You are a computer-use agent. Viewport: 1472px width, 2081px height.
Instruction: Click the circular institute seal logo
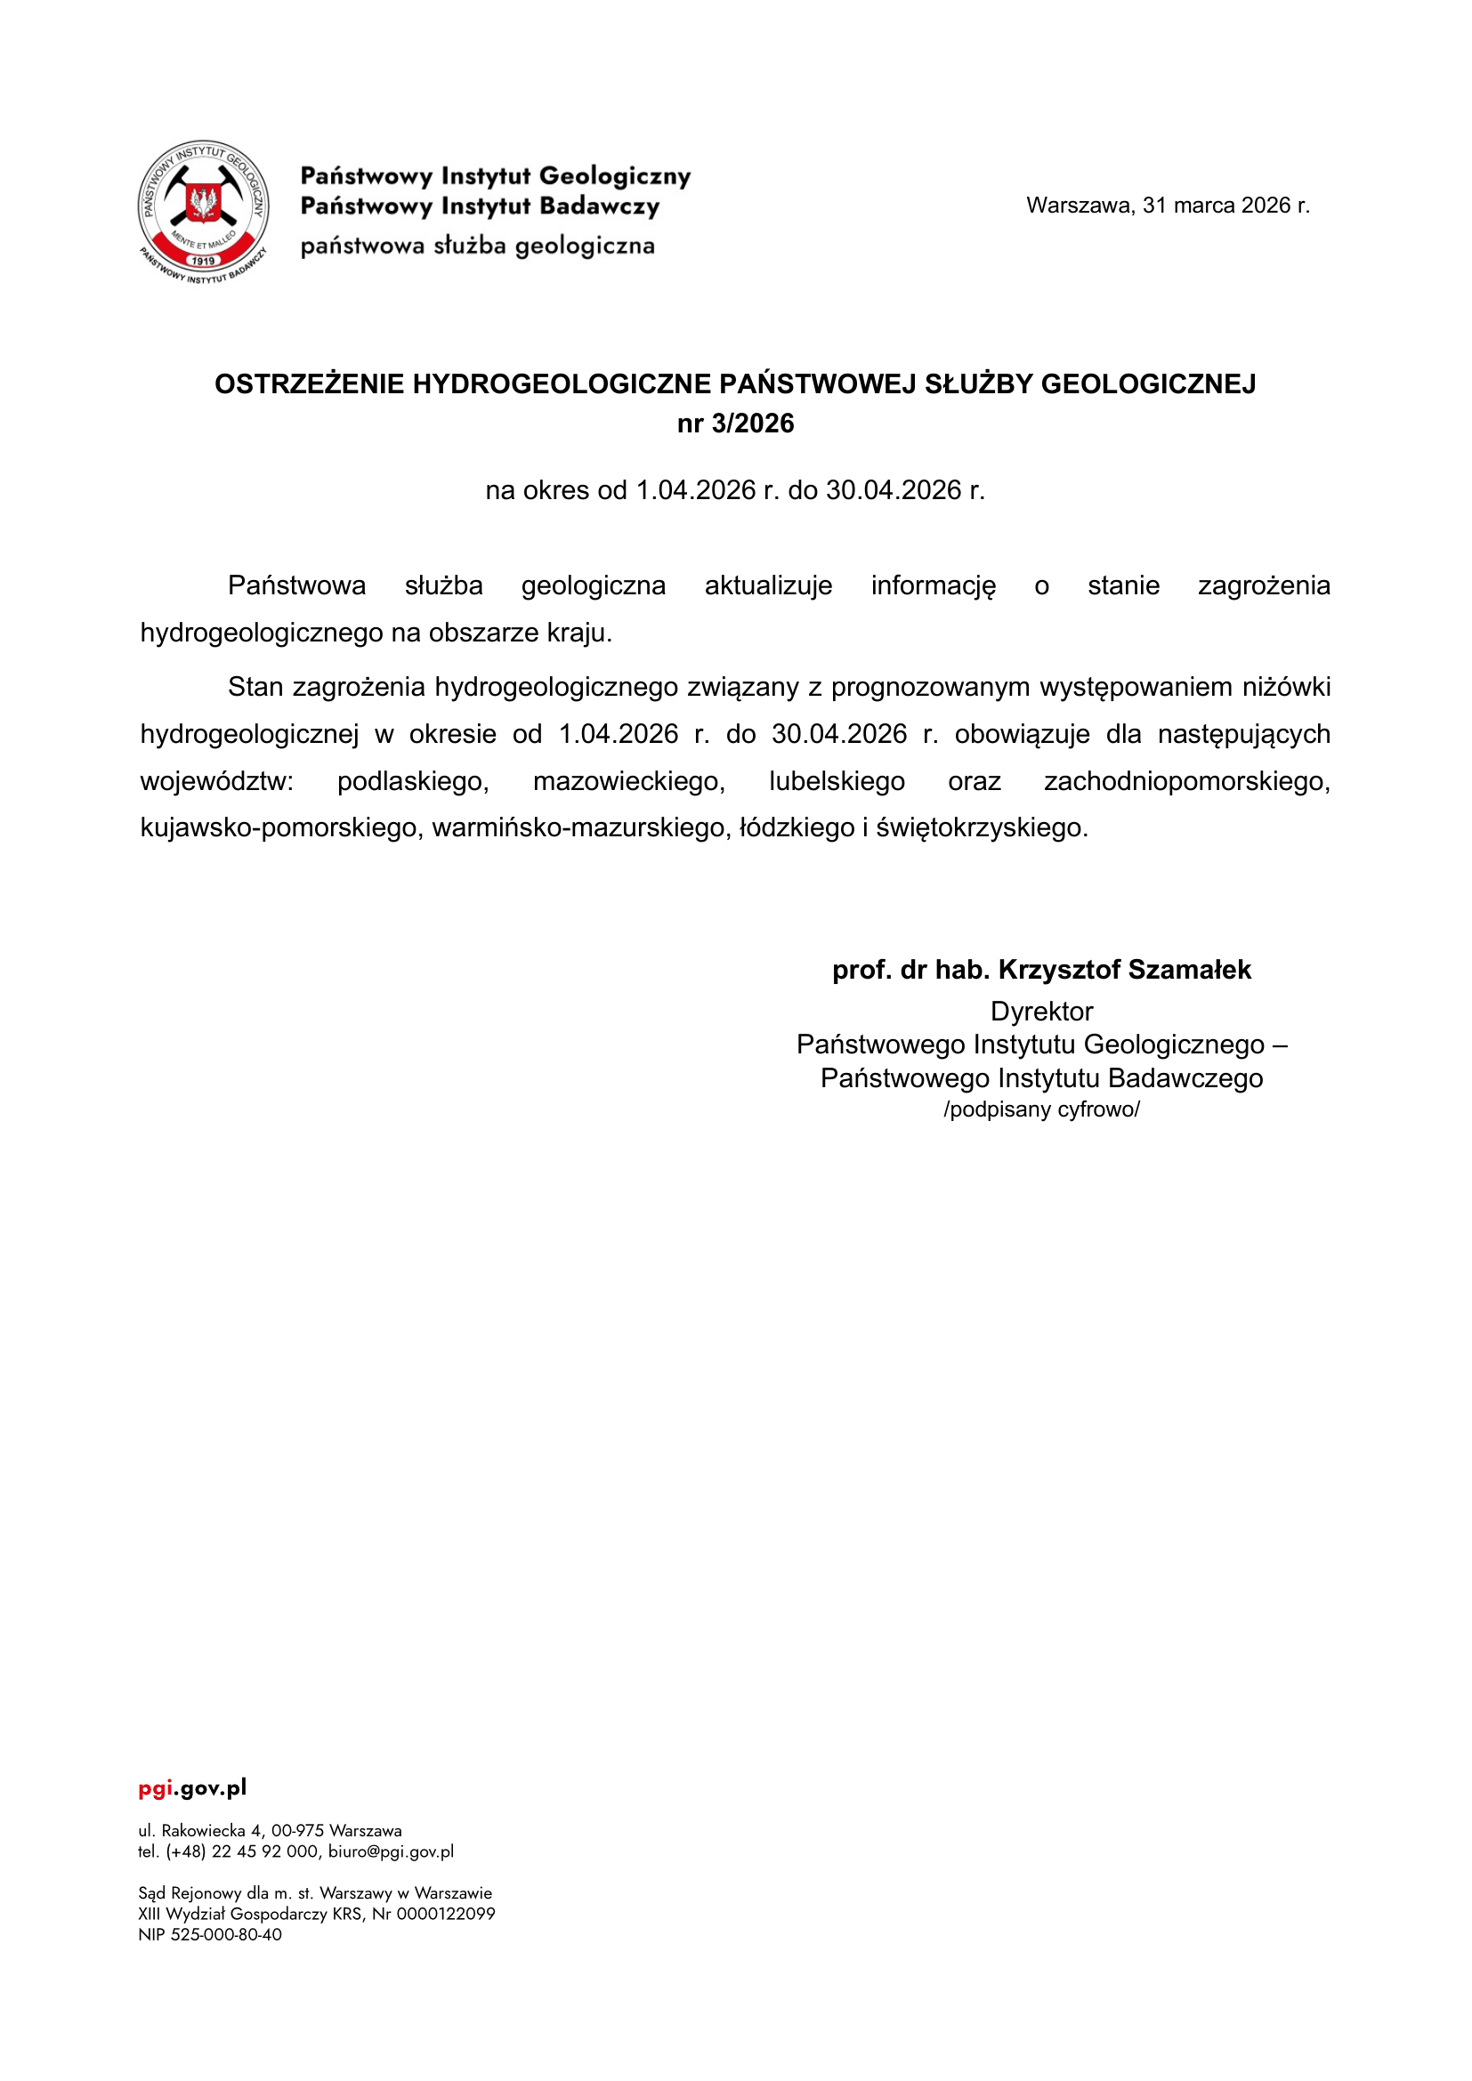pos(203,211)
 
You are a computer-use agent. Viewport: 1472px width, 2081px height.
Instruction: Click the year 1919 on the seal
pos(203,261)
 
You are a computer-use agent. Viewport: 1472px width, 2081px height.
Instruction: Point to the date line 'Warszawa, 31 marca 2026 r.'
pos(1168,206)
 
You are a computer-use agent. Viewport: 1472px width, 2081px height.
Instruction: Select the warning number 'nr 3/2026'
pos(735,424)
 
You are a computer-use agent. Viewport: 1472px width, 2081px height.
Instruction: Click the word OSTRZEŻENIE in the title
pos(309,384)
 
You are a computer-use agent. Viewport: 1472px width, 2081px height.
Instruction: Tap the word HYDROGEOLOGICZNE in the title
pos(562,384)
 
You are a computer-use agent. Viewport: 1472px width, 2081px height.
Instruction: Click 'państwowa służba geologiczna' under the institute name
pos(478,246)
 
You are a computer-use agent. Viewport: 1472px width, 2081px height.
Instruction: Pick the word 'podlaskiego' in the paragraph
pos(413,781)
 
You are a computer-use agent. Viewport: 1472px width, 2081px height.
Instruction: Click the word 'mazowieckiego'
pos(629,781)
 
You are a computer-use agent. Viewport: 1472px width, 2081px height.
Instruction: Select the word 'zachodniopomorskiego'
pos(1186,781)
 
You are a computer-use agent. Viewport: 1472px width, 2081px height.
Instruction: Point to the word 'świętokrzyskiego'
pos(982,827)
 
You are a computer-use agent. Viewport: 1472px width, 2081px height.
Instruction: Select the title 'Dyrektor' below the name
pos(1041,1012)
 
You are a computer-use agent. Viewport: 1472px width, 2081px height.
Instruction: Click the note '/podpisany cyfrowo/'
pos(1041,1110)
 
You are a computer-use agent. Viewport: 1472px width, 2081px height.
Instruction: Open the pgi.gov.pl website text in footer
pos(192,1788)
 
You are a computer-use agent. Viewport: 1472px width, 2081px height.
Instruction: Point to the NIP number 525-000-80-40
pos(226,1935)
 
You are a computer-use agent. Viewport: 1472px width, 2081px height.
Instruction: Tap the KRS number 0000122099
pos(446,1915)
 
